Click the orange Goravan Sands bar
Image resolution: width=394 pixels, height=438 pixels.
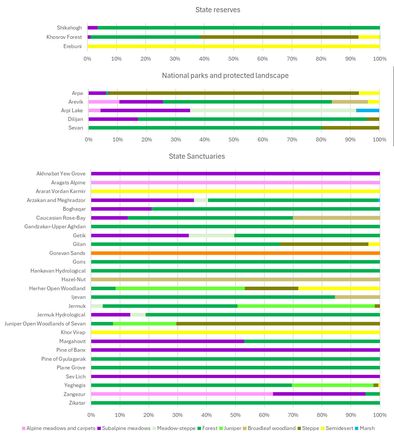point(235,253)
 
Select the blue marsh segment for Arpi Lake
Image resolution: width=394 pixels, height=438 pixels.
point(367,110)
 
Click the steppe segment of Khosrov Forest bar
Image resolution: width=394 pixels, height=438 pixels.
point(279,37)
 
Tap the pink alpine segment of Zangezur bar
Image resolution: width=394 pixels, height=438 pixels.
point(182,394)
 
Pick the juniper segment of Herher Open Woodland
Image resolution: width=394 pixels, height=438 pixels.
point(180,288)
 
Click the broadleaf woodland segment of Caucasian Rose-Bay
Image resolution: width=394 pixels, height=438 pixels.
point(336,218)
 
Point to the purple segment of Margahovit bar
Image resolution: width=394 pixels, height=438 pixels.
point(167,341)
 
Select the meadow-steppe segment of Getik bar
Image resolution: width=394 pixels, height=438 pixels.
point(211,235)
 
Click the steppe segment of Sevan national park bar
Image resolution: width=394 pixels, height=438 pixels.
point(350,128)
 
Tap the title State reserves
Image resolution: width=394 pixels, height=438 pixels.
point(218,10)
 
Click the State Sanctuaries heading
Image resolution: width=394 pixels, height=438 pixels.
point(197,156)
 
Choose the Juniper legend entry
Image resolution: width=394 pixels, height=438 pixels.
point(230,428)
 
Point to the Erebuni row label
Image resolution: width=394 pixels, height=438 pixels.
point(73,46)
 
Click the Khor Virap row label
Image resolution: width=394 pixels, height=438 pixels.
point(73,333)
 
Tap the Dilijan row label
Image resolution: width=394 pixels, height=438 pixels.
point(76,119)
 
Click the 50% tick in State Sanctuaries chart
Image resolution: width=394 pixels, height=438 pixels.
point(235,415)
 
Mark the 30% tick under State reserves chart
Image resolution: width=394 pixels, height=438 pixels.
point(175,59)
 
